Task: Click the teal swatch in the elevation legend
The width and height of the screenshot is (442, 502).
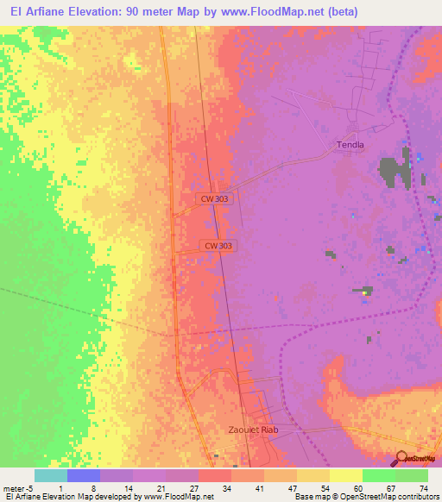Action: point(51,475)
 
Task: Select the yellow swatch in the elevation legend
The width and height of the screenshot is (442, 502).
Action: point(345,475)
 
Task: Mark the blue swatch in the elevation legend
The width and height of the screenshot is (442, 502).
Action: point(84,475)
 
